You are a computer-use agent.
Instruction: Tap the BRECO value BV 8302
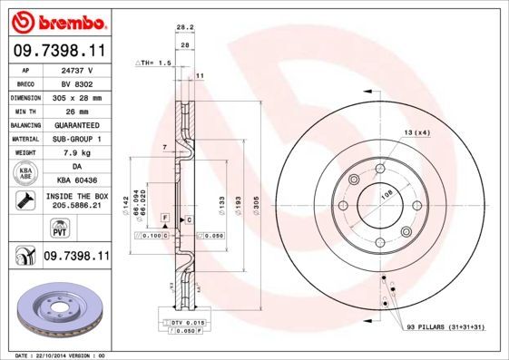coord(78,82)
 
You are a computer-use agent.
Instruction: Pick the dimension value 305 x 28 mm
coord(78,96)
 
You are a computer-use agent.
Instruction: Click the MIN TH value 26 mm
coord(78,110)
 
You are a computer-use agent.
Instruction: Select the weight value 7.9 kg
coord(78,153)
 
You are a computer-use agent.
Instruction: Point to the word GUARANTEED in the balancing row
coord(78,124)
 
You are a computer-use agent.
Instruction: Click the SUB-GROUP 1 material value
coord(78,139)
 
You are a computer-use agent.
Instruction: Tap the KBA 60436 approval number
coord(78,181)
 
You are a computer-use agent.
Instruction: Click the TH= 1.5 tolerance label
coord(153,63)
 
